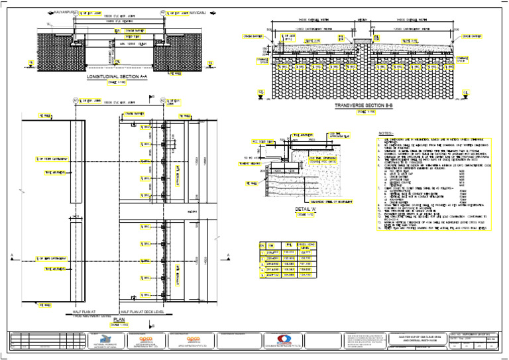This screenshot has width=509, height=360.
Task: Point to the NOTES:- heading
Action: coord(386,133)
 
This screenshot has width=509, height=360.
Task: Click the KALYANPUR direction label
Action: coord(64,12)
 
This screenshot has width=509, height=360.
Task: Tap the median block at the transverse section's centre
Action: coord(363,43)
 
